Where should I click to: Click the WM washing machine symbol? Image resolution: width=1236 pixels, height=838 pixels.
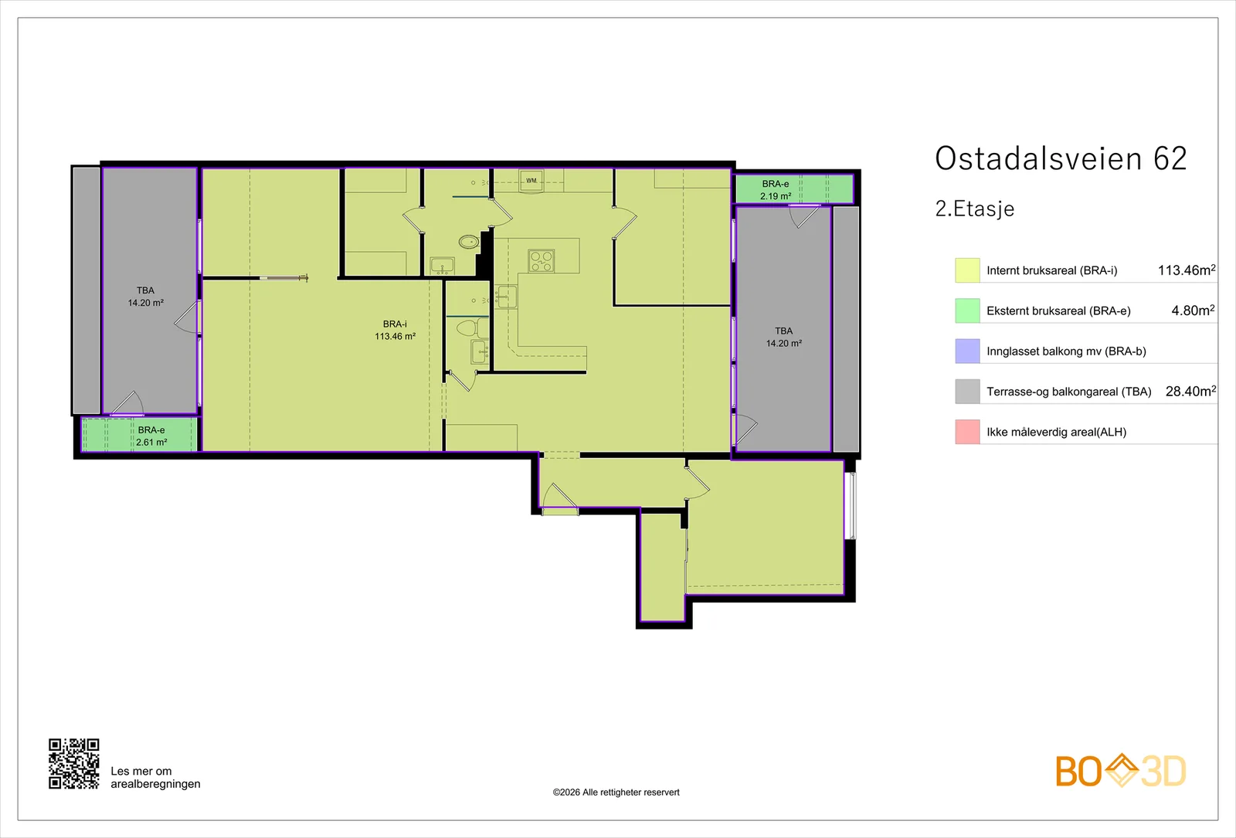pos(531,181)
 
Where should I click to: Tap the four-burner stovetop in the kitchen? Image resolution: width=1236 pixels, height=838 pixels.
pos(541,260)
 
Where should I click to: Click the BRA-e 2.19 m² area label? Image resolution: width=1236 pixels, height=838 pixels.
pos(776,190)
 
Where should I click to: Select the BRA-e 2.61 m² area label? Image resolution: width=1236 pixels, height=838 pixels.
pos(151,436)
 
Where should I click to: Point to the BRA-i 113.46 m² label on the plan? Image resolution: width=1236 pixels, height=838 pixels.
pos(395,330)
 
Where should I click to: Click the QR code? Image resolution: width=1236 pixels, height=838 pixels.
pos(74,764)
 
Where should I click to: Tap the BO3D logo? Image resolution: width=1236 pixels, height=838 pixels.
pos(1121,771)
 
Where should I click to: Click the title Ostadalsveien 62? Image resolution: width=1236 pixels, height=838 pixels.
pos(1061,159)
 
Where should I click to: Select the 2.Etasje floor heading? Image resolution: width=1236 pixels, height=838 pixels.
pos(974,209)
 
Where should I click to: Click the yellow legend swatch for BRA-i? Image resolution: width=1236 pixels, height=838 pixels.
pos(967,270)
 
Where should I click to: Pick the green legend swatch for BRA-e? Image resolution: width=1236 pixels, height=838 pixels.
pos(967,310)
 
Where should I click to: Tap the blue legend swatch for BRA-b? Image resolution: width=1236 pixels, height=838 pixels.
pos(967,351)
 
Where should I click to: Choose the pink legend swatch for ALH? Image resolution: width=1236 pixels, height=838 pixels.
pos(967,432)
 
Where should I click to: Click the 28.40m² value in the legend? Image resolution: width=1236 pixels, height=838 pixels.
pos(1190,391)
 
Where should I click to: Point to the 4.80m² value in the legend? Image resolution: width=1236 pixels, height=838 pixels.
pos(1194,310)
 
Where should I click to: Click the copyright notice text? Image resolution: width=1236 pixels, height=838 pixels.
pos(616,792)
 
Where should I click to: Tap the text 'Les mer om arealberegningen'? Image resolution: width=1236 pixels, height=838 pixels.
pos(155,777)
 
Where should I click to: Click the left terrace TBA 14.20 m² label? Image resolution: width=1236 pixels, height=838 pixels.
pos(146,297)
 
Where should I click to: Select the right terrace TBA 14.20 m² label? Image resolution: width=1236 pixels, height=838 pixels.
pos(783,337)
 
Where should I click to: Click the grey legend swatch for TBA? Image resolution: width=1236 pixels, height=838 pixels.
pos(967,391)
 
